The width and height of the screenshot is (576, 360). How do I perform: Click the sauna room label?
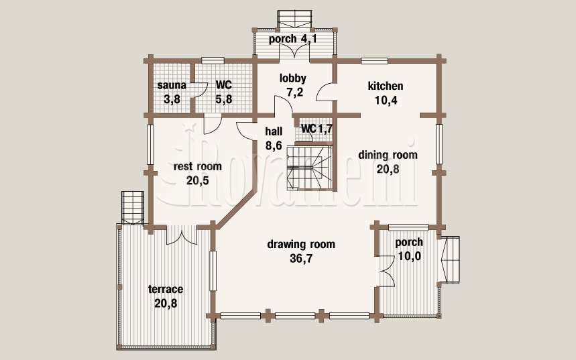click(172, 86)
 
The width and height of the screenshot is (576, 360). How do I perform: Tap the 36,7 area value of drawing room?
click(301, 259)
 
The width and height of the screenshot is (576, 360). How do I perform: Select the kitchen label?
click(386, 86)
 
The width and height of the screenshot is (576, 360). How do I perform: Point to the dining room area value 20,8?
click(388, 169)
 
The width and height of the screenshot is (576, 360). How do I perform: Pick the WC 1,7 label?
click(316, 129)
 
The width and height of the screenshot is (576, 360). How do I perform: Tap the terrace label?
click(166, 289)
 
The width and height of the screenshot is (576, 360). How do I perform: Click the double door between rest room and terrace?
click(182, 235)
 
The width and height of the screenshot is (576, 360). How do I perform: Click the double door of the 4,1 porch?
click(294, 52)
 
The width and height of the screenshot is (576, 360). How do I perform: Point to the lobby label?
click(293, 78)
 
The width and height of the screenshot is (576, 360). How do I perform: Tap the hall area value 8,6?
click(274, 145)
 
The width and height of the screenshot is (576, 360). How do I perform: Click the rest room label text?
click(198, 166)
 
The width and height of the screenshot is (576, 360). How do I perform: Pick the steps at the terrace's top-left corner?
click(132, 207)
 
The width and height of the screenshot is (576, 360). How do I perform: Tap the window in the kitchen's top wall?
click(374, 61)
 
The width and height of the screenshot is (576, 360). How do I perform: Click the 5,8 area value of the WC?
click(224, 99)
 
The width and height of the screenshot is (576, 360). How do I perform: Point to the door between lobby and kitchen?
click(325, 92)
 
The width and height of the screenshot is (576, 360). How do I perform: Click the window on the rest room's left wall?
click(150, 145)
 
